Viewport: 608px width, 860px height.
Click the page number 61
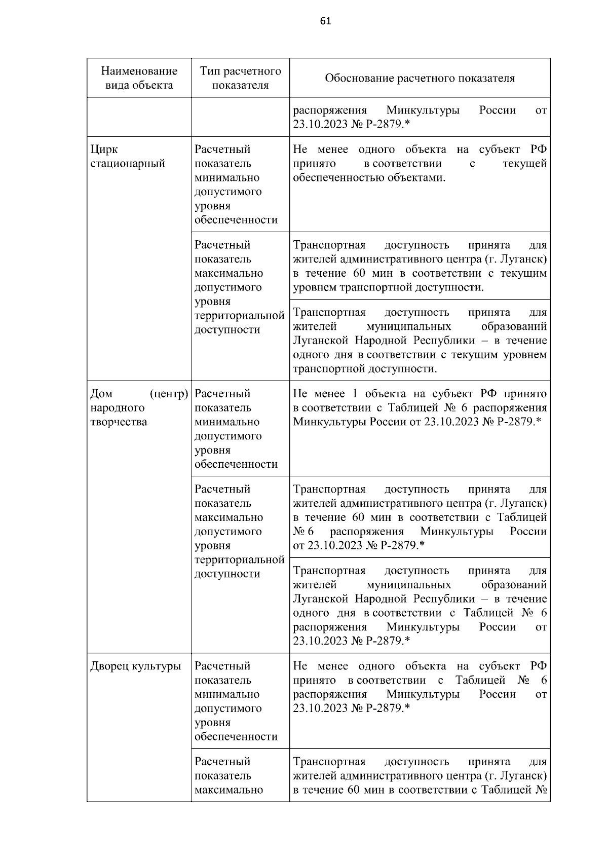click(x=326, y=21)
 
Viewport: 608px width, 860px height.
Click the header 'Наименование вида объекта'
click(x=139, y=78)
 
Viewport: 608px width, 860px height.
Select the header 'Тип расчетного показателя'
click(x=240, y=78)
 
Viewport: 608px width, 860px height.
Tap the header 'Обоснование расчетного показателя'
click(x=420, y=78)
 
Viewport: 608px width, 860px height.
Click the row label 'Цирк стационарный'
click(x=128, y=157)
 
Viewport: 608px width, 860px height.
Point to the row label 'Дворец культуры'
click(x=135, y=666)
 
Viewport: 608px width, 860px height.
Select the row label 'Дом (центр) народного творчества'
click(x=139, y=408)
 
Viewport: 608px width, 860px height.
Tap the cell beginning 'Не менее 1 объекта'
click(x=420, y=408)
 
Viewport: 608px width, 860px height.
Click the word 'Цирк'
click(x=104, y=149)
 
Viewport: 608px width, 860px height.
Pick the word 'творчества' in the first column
click(x=119, y=422)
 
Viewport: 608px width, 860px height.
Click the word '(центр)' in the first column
click(x=169, y=394)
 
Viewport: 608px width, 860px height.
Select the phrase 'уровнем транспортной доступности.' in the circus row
click(x=388, y=287)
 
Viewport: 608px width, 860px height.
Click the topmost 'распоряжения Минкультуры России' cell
click(x=420, y=117)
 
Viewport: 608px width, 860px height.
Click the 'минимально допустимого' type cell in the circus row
click(x=236, y=184)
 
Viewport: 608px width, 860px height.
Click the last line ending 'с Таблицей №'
click(x=420, y=790)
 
